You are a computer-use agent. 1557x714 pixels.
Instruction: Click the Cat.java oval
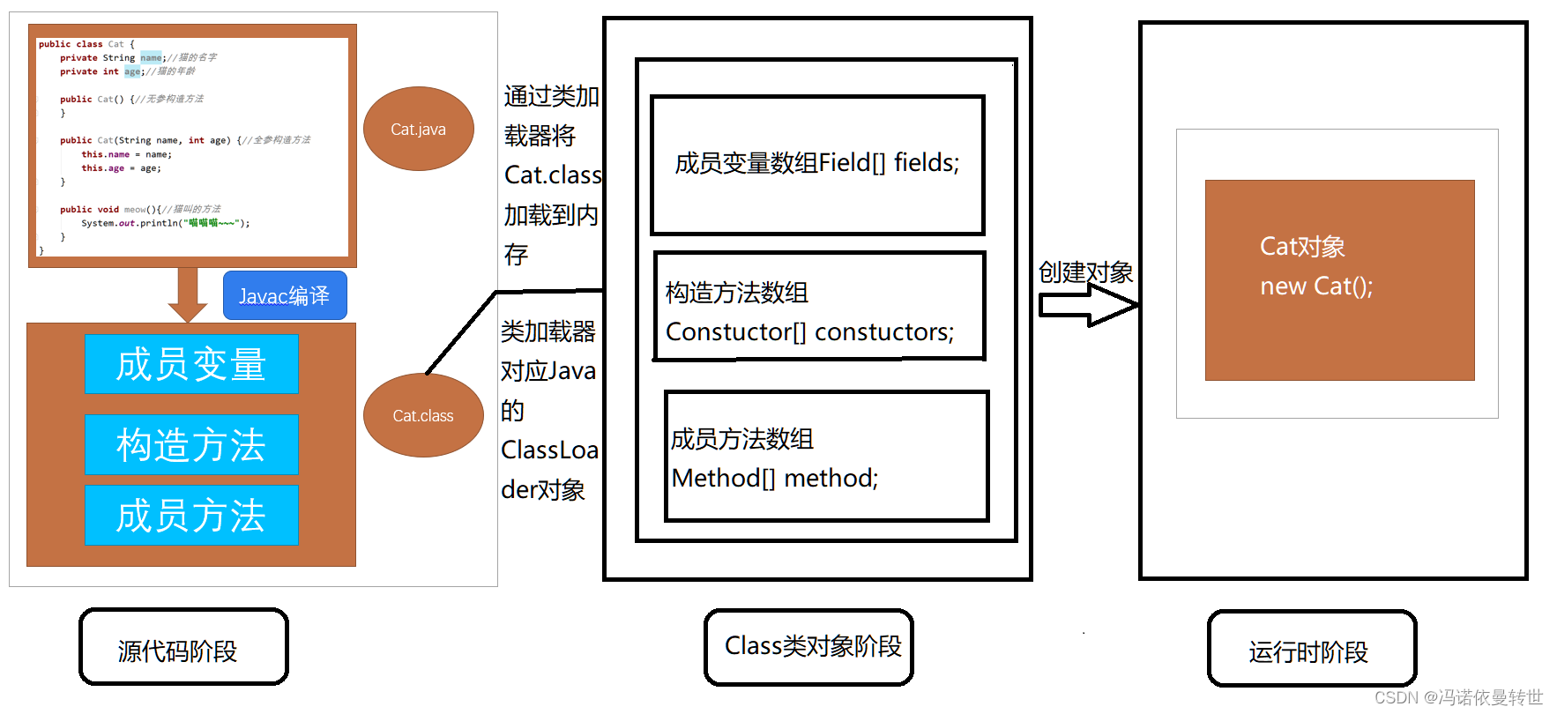pyautogui.click(x=419, y=129)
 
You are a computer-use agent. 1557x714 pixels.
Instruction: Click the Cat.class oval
pyautogui.click(x=423, y=415)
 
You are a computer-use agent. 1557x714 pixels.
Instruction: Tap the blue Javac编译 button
pyautogui.click(x=285, y=295)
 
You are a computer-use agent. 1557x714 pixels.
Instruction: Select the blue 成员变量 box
pyautogui.click(x=191, y=364)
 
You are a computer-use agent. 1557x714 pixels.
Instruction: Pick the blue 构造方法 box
pyautogui.click(x=191, y=444)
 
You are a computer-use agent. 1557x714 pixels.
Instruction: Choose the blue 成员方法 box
pyautogui.click(x=191, y=515)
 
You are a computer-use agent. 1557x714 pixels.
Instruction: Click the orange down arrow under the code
pyautogui.click(x=187, y=294)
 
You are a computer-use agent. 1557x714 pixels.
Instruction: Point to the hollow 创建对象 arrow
pyautogui.click(x=1088, y=306)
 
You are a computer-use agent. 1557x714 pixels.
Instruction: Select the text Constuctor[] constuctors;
pyautogui.click(x=809, y=332)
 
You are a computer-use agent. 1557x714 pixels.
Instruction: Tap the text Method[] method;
pyautogui.click(x=774, y=478)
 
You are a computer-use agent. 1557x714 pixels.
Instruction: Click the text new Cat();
pyautogui.click(x=1315, y=286)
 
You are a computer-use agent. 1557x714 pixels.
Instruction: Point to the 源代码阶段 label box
pyautogui.click(x=183, y=647)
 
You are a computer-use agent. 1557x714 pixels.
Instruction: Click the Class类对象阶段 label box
pyautogui.click(x=808, y=647)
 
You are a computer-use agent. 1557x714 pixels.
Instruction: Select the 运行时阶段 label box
pyautogui.click(x=1311, y=649)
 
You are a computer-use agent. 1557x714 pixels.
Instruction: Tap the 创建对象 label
pyautogui.click(x=1085, y=272)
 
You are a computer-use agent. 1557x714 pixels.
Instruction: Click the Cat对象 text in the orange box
pyautogui.click(x=1301, y=247)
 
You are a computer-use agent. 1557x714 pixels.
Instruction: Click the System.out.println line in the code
pyautogui.click(x=165, y=223)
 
